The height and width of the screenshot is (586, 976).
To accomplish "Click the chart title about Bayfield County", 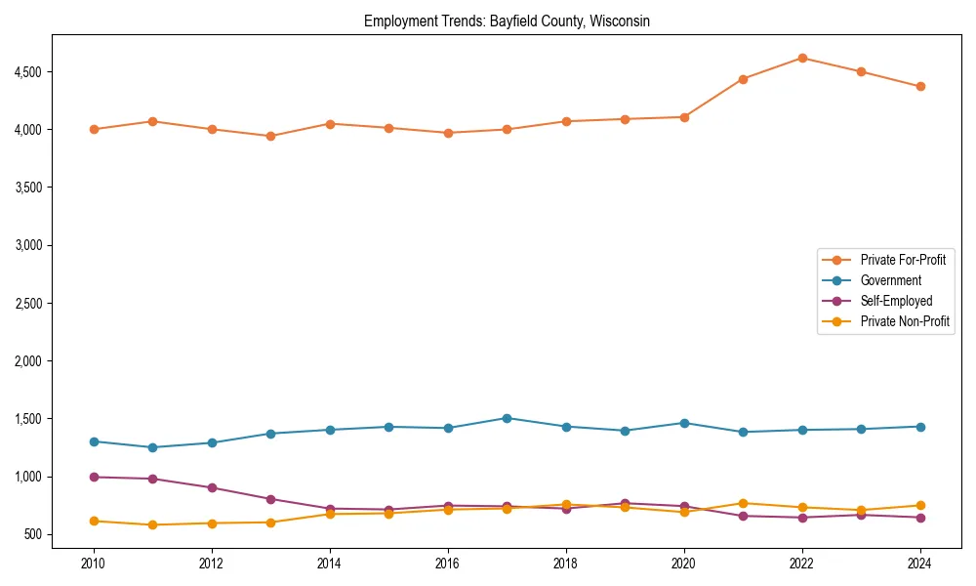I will pos(507,21).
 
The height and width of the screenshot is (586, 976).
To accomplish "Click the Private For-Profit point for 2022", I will pos(802,58).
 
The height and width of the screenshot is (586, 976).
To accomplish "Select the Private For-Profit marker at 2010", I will pos(94,129).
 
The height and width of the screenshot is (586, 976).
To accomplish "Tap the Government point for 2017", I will pos(507,418).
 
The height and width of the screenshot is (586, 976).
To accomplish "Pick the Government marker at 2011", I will pos(152,447).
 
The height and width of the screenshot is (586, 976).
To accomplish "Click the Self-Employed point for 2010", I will pos(94,477).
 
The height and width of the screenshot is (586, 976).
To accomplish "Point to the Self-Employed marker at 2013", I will pos(270,499).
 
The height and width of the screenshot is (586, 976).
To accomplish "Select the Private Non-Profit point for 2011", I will pos(152,524).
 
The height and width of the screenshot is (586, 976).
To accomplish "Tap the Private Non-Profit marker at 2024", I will pos(920,506).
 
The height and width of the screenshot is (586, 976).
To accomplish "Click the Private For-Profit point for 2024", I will pos(920,86).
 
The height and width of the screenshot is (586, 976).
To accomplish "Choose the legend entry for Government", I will pos(890,280).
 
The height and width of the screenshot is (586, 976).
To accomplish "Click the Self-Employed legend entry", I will pos(896,301).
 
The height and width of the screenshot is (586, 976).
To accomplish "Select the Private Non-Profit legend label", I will pos(905,321).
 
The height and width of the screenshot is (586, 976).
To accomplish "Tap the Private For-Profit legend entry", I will pos(903,260).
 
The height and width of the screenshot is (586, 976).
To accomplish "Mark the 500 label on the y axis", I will pos(33,534).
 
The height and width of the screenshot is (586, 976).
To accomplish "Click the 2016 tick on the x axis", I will pos(448,563).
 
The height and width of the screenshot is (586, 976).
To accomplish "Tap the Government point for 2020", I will pos(684,423).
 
